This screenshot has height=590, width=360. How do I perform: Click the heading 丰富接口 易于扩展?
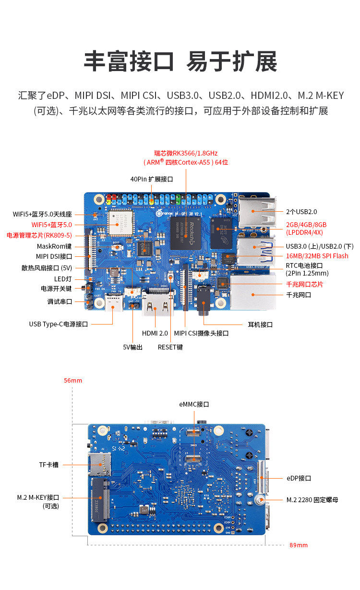[180, 61]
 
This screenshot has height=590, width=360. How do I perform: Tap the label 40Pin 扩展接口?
[151, 179]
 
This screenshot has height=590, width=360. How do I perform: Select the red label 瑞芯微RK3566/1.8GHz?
[186, 153]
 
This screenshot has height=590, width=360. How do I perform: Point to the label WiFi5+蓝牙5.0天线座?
[42, 214]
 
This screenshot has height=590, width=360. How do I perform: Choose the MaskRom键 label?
[54, 246]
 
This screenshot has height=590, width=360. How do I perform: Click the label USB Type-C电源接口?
[58, 324]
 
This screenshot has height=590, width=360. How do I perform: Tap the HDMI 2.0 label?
[155, 333]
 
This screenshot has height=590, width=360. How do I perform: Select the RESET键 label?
[170, 347]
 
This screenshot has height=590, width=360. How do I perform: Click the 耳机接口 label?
[260, 325]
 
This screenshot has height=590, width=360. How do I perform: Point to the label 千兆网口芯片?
[304, 284]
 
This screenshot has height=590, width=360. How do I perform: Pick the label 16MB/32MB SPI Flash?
[317, 256]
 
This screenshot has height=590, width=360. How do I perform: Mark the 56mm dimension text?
[73, 380]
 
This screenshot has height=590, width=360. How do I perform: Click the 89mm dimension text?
[299, 545]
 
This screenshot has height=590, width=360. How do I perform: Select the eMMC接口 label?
[194, 404]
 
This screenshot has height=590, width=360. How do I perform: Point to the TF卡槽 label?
[48, 465]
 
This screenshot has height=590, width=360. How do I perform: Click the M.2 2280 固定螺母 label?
[312, 500]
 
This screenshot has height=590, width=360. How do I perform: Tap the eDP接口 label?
[299, 478]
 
